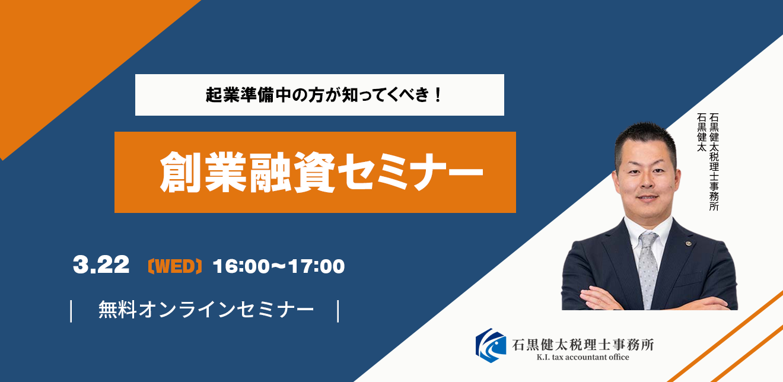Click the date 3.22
(101, 265)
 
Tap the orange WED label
(175, 266)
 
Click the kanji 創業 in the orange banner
(203, 172)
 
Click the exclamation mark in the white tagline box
(437, 95)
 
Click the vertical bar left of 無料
(71, 311)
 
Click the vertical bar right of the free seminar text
(338, 311)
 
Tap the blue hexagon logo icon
(491, 345)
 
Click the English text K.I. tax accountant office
(583, 357)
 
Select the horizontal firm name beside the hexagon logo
(583, 345)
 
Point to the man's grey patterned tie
(648, 269)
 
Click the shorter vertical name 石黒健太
(702, 132)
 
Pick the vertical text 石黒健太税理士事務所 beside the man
(714, 162)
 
